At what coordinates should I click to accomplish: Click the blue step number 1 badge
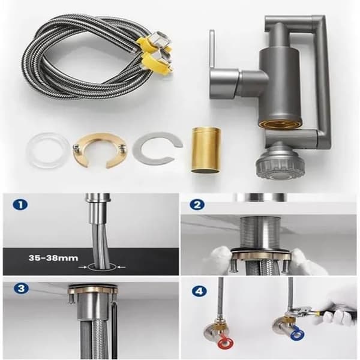[x=20, y=205]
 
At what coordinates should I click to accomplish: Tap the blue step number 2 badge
[x=197, y=205]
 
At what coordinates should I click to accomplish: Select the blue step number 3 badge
[x=21, y=289]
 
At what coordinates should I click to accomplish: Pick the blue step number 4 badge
[x=199, y=292]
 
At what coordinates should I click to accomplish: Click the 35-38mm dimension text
[x=53, y=258]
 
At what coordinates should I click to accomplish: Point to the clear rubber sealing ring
[x=48, y=151]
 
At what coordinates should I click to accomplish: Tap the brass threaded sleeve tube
[x=206, y=151]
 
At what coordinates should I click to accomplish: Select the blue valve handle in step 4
[x=298, y=334]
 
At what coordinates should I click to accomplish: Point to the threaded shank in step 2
[x=260, y=233]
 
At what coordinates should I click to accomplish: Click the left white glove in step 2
[x=221, y=259]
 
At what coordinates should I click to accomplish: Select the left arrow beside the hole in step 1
[x=82, y=267]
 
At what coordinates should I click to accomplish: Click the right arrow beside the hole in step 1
[x=121, y=267]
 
